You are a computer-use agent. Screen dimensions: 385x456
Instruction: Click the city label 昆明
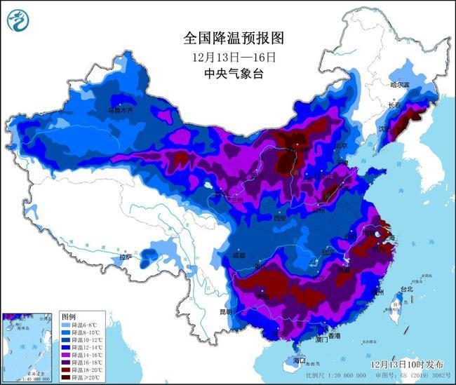[224, 311]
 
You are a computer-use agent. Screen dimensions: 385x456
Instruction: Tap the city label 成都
[238, 255]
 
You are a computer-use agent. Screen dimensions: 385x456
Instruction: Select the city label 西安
[281, 218]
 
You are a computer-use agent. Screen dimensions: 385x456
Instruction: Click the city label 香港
[333, 336]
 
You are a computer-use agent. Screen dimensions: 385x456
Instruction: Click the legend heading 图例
[68, 317]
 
